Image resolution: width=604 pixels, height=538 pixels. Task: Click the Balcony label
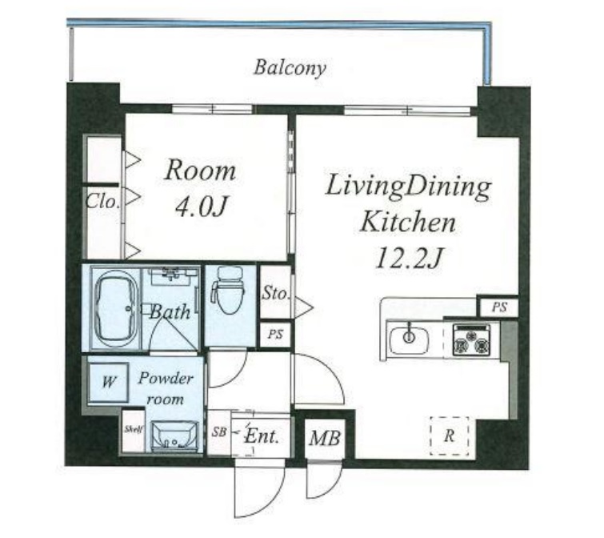[x=290, y=68]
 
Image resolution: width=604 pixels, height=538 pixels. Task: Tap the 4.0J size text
[x=201, y=207]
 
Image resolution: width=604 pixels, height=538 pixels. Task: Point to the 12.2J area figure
[x=408, y=258]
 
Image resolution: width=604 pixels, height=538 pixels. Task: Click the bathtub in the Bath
[x=114, y=309]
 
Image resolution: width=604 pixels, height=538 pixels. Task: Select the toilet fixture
[x=228, y=290]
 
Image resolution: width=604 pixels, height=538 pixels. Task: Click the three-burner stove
[x=472, y=340]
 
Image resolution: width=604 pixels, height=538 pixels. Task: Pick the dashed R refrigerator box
[x=449, y=436]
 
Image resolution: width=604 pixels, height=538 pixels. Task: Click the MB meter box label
[x=325, y=438]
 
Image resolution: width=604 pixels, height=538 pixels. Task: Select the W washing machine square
[x=108, y=382]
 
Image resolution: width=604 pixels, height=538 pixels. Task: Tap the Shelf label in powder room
[x=134, y=429]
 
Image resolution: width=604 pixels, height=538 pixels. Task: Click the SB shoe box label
[x=218, y=432]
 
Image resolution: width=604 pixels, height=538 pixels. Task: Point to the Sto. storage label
[x=274, y=294]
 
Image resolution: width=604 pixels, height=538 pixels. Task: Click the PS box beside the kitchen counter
[x=499, y=307]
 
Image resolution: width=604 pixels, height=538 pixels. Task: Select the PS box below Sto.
[x=275, y=334]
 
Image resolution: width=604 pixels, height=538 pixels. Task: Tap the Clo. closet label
[x=102, y=201]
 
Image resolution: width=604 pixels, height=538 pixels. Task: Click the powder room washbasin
[x=174, y=436]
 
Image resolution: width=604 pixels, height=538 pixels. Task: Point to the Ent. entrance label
[x=262, y=436]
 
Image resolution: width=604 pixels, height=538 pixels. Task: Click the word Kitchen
[x=407, y=223]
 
